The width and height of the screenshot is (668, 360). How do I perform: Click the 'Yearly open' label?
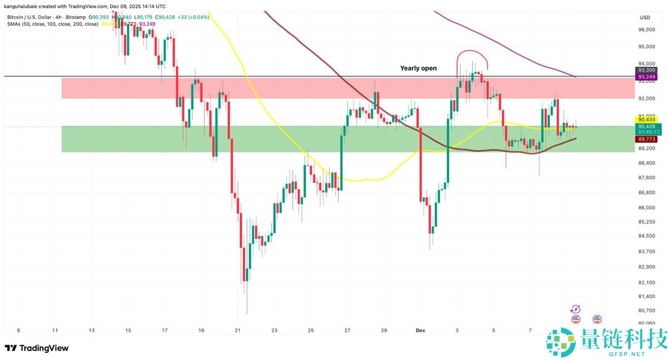tap(418, 68)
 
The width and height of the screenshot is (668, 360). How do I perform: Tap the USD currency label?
tap(645, 17)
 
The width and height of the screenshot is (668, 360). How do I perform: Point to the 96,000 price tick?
tap(646, 30)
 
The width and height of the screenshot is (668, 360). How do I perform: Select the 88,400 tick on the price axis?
tap(646, 163)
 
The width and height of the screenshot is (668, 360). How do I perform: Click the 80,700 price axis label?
tap(646, 310)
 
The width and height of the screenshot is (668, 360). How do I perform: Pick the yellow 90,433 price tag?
tap(646, 120)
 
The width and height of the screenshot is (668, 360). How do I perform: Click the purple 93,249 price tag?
tap(646, 77)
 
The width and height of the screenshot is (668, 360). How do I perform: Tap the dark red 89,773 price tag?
tap(646, 139)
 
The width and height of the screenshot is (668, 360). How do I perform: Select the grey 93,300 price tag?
tap(646, 70)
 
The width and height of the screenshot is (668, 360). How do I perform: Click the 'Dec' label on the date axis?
tap(421, 330)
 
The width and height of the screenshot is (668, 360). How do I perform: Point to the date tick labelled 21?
tap(238, 330)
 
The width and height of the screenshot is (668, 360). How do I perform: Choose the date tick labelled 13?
tap(91, 330)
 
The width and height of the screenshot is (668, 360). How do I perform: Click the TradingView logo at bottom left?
tap(37, 348)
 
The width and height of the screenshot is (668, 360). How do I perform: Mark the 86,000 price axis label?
tap(646, 208)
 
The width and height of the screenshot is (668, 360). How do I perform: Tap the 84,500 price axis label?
tap(646, 236)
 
